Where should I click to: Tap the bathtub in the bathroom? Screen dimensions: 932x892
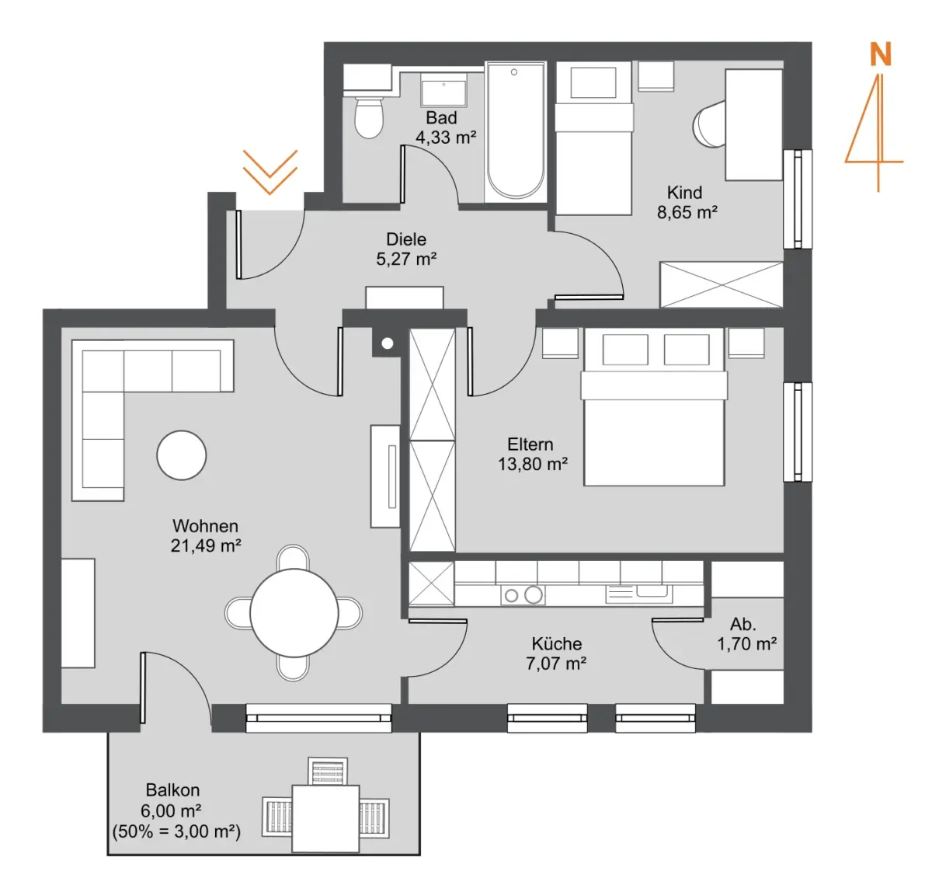516,132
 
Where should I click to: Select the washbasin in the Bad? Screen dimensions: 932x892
443,91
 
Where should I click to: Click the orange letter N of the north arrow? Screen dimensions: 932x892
880,54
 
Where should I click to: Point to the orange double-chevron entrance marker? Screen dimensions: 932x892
270,172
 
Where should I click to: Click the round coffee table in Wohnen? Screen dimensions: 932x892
182,455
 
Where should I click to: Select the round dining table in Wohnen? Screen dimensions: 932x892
294,613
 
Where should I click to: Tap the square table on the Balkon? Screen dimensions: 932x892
325,819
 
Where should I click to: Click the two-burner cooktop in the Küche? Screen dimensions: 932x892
523,595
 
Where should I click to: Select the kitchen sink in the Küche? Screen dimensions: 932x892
639,594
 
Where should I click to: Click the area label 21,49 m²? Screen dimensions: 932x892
206,545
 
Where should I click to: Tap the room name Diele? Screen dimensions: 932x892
406,239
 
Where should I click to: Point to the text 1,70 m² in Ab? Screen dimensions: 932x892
746,644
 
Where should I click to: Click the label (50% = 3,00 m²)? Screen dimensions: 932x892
176,831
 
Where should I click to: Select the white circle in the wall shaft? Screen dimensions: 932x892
388,343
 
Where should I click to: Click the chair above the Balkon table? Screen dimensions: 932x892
328,772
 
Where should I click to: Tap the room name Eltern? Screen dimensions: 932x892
530,444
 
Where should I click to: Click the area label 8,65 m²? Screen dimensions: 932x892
687,212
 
